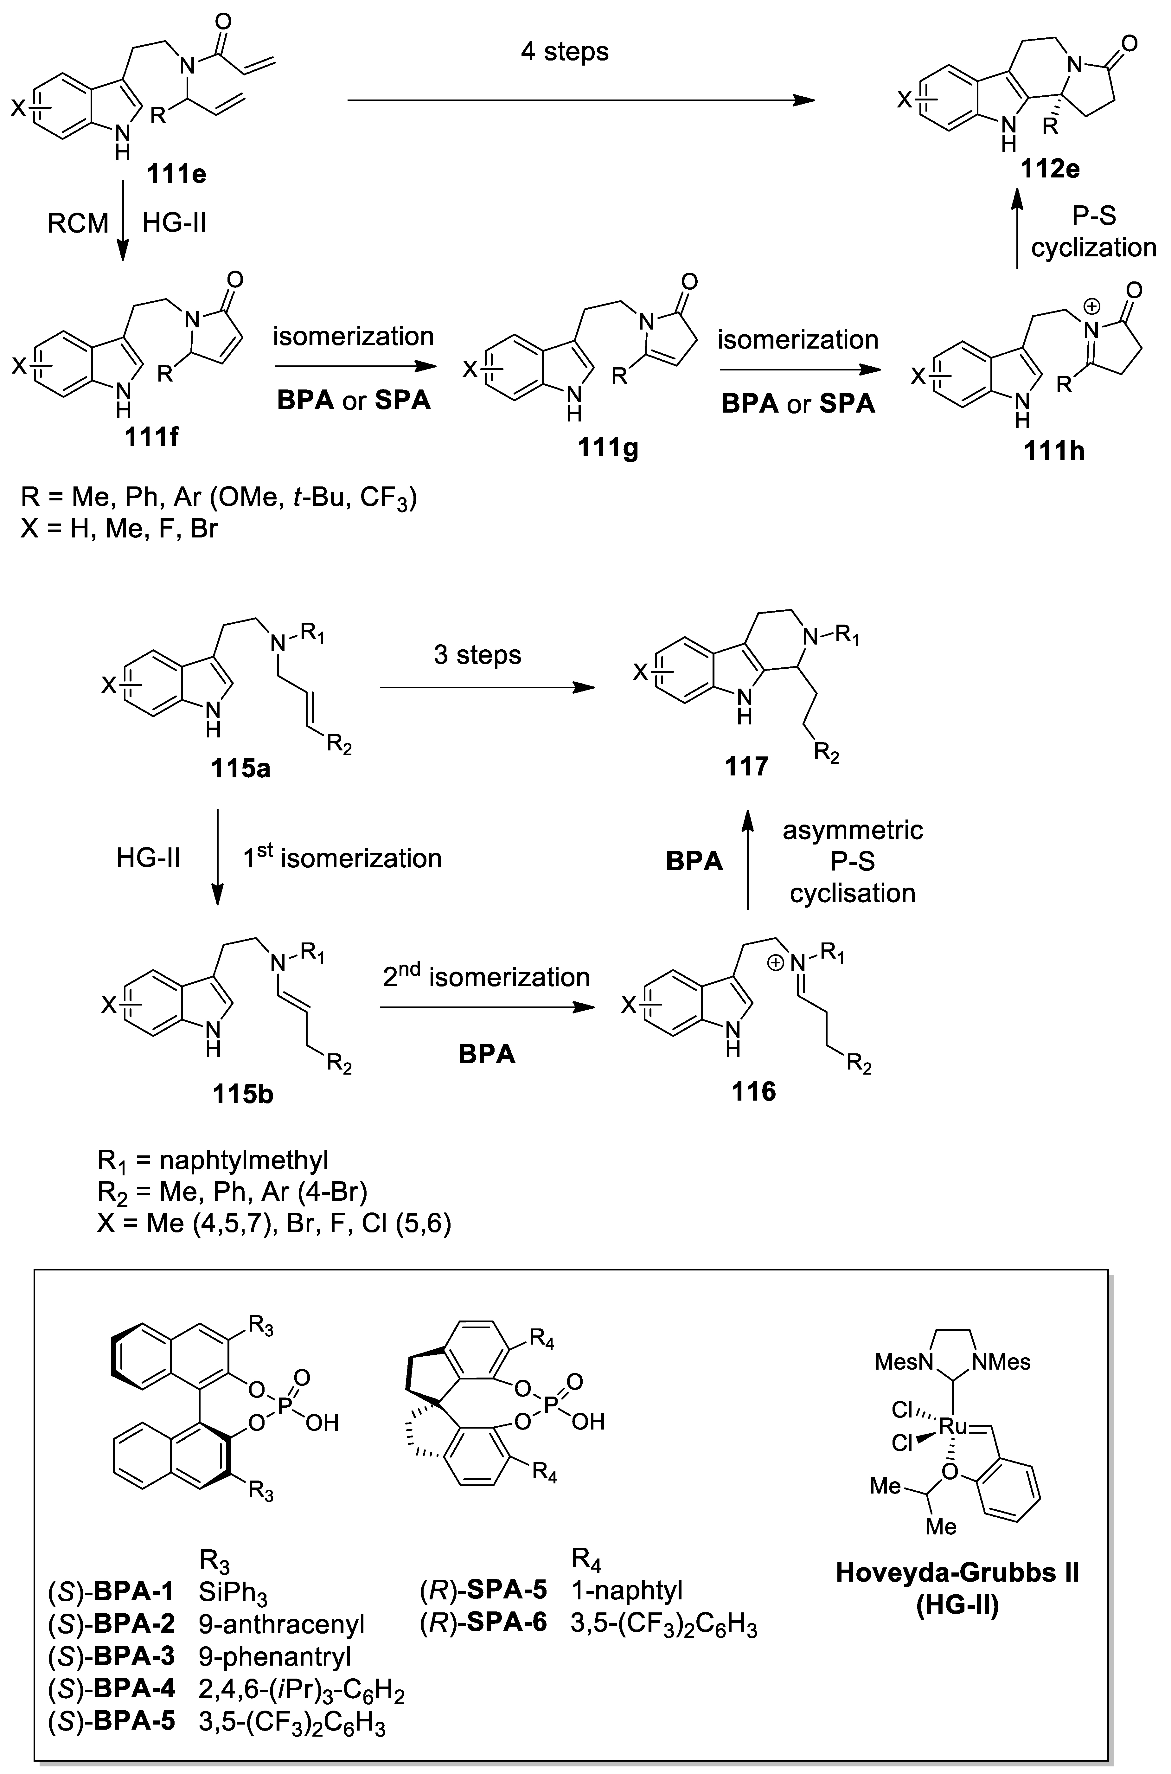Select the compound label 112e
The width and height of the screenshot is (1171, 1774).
(1050, 169)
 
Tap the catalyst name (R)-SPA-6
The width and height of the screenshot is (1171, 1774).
(483, 1622)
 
